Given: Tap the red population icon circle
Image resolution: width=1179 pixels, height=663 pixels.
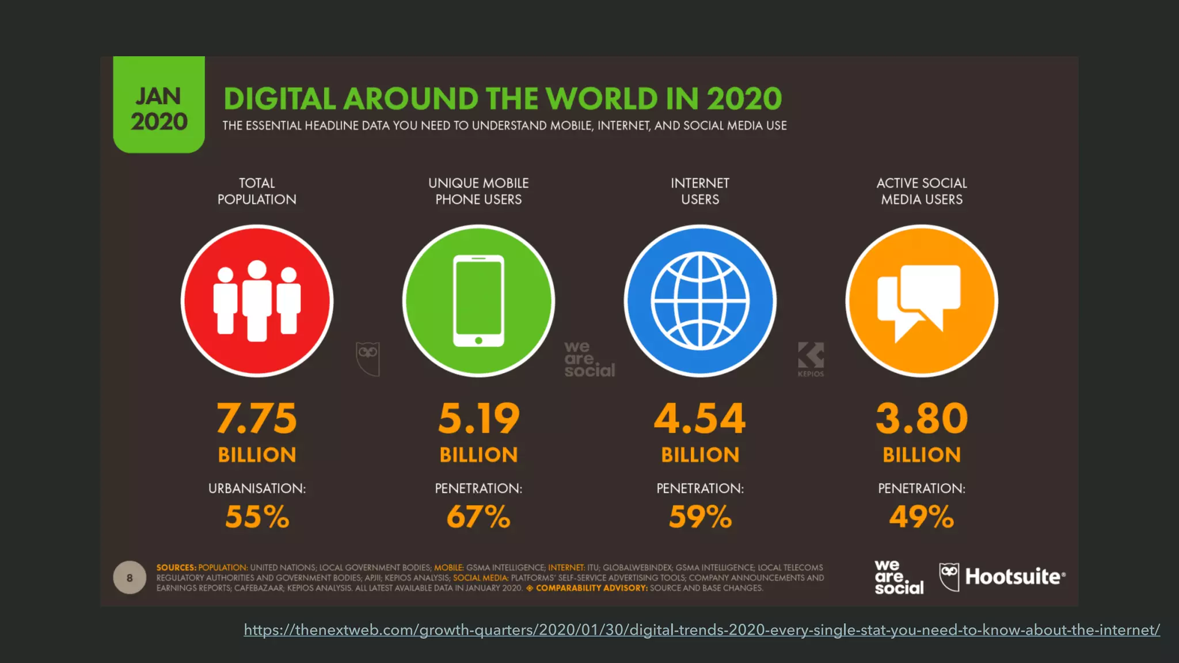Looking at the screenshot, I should [257, 301].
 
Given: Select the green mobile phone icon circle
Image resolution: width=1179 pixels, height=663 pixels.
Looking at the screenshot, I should [478, 301].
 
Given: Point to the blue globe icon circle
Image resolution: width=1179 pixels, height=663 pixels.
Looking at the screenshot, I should [700, 301].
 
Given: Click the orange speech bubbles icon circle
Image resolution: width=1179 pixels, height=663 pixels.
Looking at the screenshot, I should [921, 301].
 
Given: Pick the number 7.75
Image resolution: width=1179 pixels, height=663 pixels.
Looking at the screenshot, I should [257, 418].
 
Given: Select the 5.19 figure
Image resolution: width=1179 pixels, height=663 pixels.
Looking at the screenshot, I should [478, 418].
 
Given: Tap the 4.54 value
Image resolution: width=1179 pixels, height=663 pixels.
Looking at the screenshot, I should [700, 418].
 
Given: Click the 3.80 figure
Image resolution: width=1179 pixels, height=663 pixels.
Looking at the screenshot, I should [921, 418].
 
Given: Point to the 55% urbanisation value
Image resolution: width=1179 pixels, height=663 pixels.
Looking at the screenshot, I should [257, 516].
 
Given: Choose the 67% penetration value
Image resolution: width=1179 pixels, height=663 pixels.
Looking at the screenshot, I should [478, 516].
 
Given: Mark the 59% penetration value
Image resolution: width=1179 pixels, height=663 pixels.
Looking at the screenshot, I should [700, 516].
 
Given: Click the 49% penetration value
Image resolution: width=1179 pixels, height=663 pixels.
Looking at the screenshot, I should [921, 516].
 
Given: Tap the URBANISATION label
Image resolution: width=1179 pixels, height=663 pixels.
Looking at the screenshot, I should [257, 488].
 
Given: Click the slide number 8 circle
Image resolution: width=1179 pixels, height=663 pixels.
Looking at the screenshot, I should [130, 577].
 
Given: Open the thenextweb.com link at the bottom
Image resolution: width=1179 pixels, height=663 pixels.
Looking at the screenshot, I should [701, 630].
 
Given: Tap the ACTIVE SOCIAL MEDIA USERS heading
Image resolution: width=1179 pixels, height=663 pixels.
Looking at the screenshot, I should [921, 191].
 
